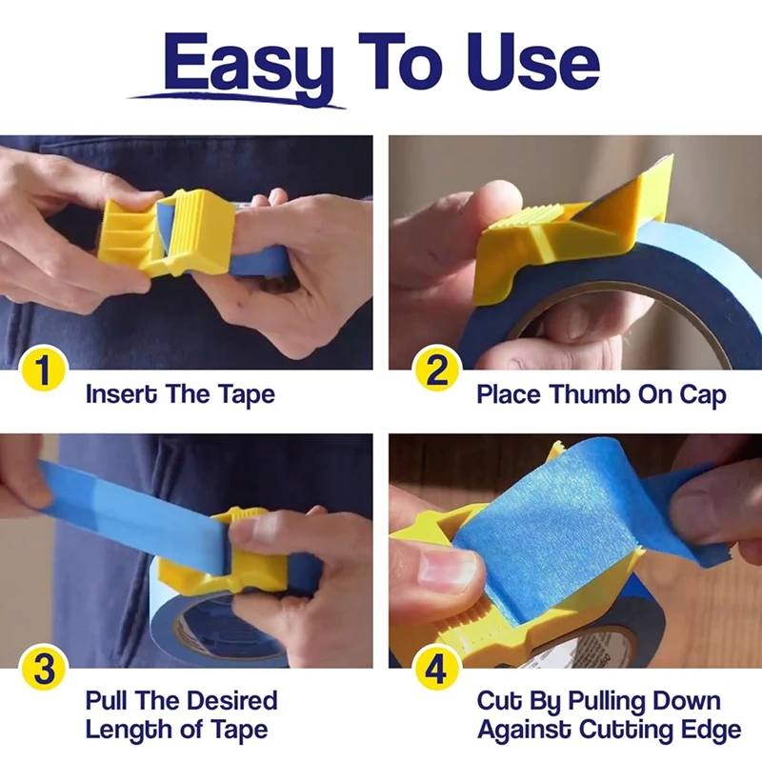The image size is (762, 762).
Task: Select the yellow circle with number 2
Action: coord(436,370)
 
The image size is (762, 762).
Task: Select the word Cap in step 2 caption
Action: coord(703,393)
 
